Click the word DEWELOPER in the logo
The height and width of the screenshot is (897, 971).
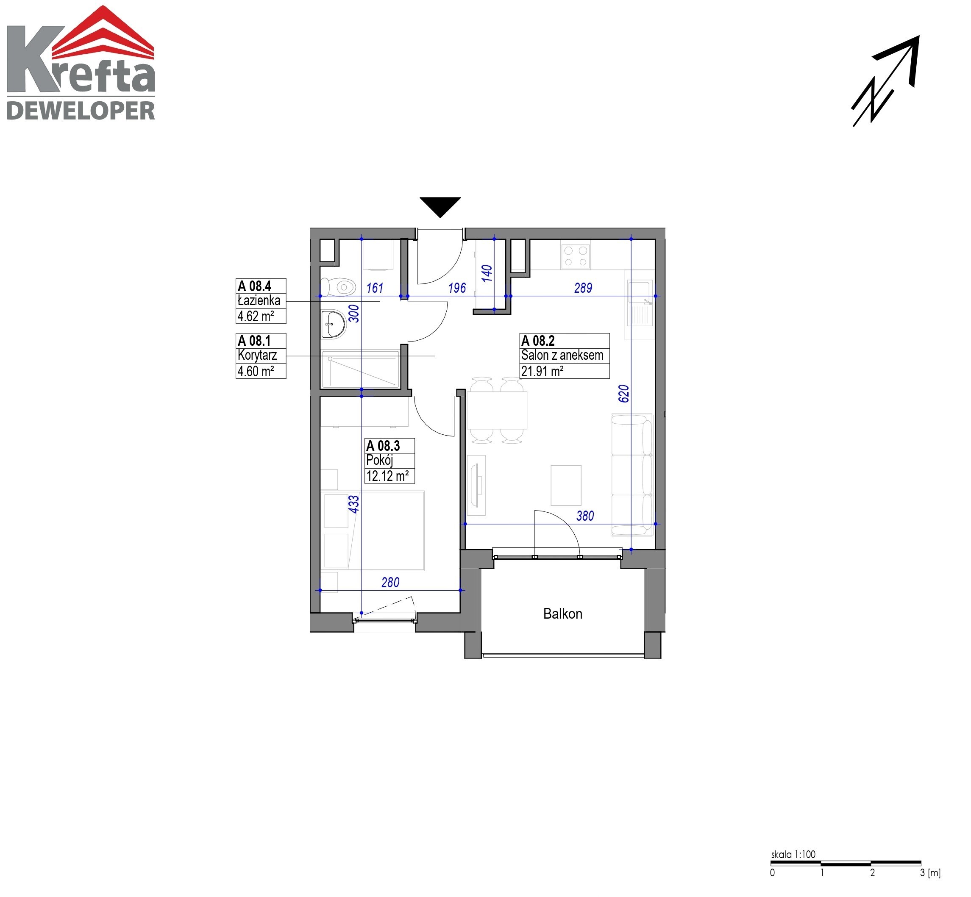pyautogui.click(x=81, y=111)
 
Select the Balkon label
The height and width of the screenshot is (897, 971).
pyautogui.click(x=563, y=614)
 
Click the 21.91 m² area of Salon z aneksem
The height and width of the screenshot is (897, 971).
pyautogui.click(x=543, y=371)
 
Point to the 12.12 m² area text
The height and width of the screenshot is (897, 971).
pyautogui.click(x=387, y=476)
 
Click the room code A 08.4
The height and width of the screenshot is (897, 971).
pyautogui.click(x=254, y=286)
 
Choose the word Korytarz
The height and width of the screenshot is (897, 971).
pyautogui.click(x=257, y=355)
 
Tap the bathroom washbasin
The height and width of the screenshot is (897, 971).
pyautogui.click(x=334, y=324)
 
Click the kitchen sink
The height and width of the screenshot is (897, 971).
pyautogui.click(x=640, y=303)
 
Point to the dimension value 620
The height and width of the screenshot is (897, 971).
pyautogui.click(x=624, y=394)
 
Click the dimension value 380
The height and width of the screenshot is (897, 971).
pyautogui.click(x=585, y=516)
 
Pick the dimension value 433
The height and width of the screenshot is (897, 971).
pyautogui.click(x=354, y=504)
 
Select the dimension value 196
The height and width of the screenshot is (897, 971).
pyautogui.click(x=457, y=288)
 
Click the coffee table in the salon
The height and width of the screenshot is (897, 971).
pyautogui.click(x=566, y=486)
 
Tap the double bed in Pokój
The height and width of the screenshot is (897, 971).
pyautogui.click(x=373, y=530)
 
